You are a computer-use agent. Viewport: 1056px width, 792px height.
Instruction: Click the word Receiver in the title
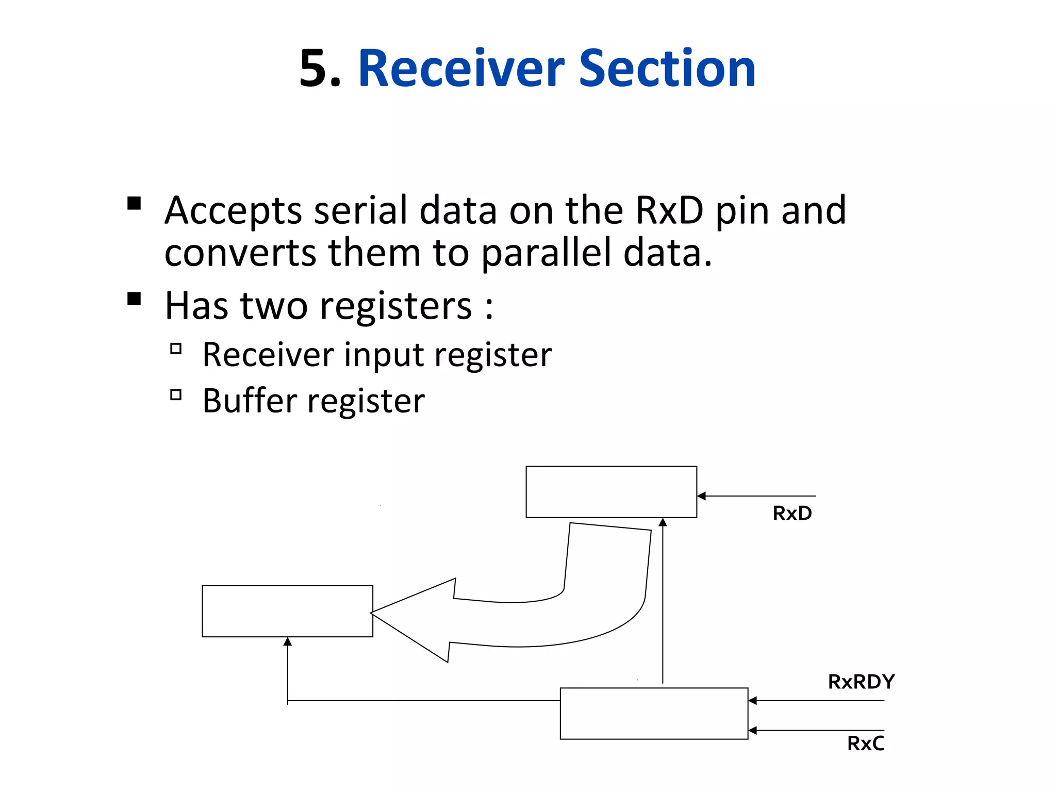461,69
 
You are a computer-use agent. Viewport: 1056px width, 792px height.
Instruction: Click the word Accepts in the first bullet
233,211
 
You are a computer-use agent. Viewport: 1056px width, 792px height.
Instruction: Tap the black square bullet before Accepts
134,203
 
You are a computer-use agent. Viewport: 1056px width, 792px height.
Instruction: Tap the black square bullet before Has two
134,299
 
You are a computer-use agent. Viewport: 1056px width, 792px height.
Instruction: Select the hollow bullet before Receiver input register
176,349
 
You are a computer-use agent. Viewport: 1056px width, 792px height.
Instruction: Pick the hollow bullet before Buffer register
176,395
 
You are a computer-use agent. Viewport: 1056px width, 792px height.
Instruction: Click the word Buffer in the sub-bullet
250,401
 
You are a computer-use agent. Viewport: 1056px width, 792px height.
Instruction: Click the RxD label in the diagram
792,514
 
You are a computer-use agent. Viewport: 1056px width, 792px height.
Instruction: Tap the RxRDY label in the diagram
861,682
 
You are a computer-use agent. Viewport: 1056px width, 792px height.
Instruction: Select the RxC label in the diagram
865,744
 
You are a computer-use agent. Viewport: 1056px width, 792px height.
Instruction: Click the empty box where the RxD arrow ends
611,492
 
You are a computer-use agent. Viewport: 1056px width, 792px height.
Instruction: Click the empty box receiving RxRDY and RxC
653,714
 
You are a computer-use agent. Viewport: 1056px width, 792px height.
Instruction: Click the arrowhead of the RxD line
701,496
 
